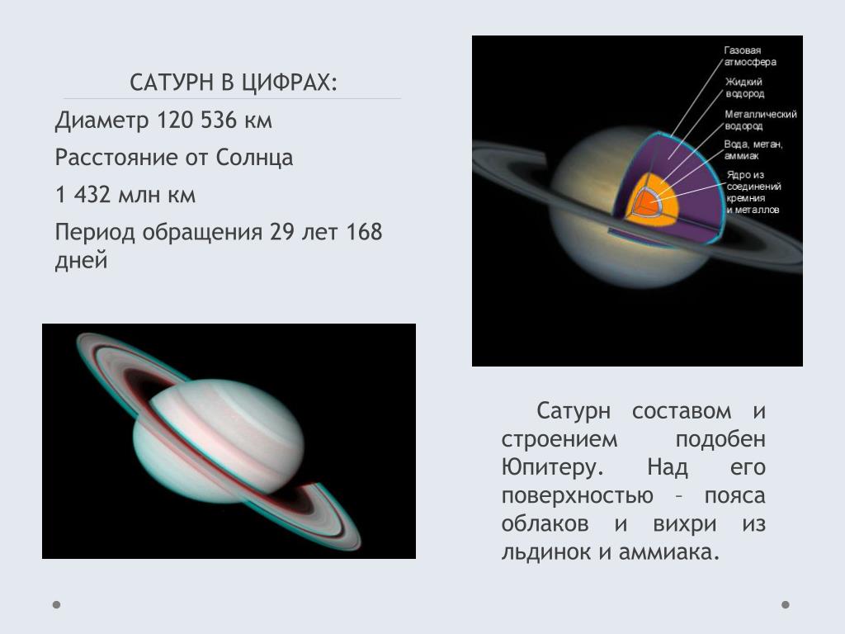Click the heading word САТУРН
(x=172, y=83)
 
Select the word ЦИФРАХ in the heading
(x=288, y=83)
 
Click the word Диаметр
(x=101, y=121)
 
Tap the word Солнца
(x=254, y=158)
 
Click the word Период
(x=94, y=232)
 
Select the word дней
(x=82, y=261)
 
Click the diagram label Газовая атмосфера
(x=749, y=56)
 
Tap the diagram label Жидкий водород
(x=744, y=88)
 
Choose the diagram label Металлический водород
(x=760, y=121)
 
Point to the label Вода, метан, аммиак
(x=753, y=150)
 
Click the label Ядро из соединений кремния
(x=753, y=187)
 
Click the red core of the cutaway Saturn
(x=644, y=201)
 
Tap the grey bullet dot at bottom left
(x=57, y=604)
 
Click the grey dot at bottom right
(x=786, y=604)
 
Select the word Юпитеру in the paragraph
(x=552, y=467)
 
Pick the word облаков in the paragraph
(x=545, y=523)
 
